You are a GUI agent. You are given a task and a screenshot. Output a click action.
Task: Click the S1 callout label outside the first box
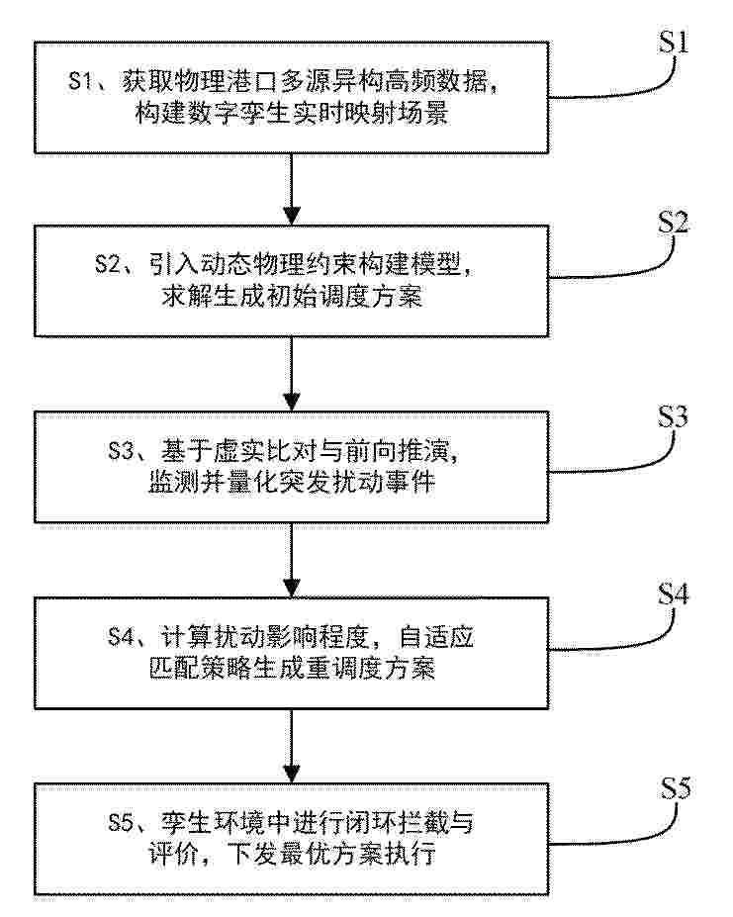[674, 43]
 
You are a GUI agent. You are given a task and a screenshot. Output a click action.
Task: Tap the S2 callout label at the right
[674, 223]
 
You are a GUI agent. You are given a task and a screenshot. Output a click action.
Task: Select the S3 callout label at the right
[673, 416]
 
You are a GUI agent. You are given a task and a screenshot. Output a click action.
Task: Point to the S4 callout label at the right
[674, 595]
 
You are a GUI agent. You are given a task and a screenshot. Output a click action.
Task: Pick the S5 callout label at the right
[676, 788]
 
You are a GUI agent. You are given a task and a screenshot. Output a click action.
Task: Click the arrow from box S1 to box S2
[292, 189]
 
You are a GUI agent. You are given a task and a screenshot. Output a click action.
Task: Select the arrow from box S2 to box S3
[292, 374]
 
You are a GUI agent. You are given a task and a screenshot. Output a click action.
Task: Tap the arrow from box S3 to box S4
[292, 560]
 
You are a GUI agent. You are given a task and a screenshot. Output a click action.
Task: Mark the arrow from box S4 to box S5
[292, 746]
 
